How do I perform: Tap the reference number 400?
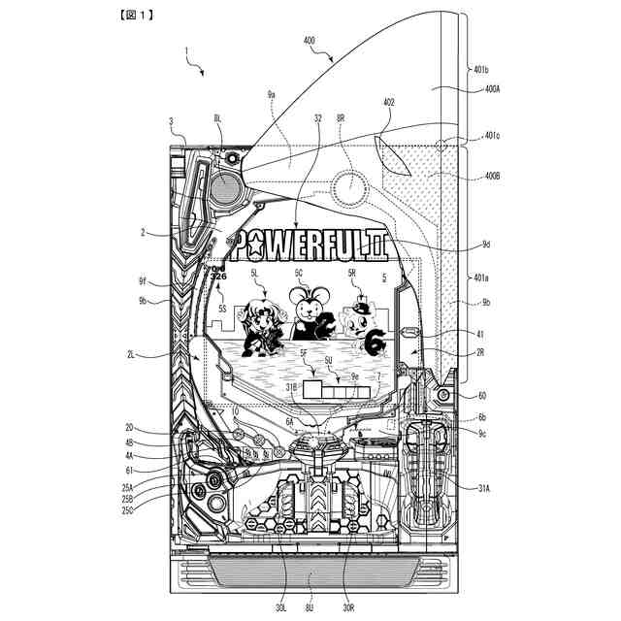pyautogui.click(x=310, y=42)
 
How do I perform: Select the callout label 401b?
pyautogui.click(x=482, y=70)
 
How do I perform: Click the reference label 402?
pyautogui.click(x=388, y=101)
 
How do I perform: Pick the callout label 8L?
pyautogui.click(x=216, y=117)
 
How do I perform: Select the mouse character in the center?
pyautogui.click(x=308, y=308)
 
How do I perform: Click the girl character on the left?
pyautogui.click(x=259, y=325)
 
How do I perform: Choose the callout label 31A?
pyautogui.click(x=482, y=488)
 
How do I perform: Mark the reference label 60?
pyautogui.click(x=482, y=396)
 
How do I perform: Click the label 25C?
pyautogui.click(x=127, y=510)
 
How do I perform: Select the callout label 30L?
pyautogui.click(x=280, y=608)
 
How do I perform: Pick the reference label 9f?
pyautogui.click(x=143, y=281)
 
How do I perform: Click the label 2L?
pyautogui.click(x=130, y=354)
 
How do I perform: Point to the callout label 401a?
pyautogui.click(x=482, y=278)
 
